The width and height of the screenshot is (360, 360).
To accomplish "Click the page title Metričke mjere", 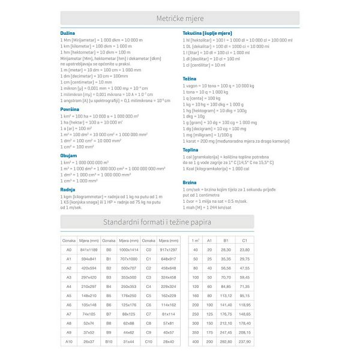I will pyautogui.click(x=180, y=18).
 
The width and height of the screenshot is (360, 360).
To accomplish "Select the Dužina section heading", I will pyautogui.click(x=68, y=34).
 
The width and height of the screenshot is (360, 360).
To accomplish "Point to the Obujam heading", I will pyautogui.click(x=68, y=155).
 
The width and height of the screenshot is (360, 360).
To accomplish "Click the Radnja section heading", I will pyautogui.click(x=68, y=189).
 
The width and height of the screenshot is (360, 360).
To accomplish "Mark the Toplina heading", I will pyautogui.click(x=190, y=149).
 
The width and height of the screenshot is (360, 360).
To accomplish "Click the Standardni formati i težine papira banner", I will pyautogui.click(x=157, y=222).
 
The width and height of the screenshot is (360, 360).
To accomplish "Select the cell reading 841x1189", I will pyautogui.click(x=89, y=249).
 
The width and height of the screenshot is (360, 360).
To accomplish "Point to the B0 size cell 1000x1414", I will pyautogui.click(x=128, y=249).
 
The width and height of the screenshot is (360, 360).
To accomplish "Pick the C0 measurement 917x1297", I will pyautogui.click(x=169, y=249).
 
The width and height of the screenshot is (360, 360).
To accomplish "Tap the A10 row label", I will pyautogui.click(x=69, y=341).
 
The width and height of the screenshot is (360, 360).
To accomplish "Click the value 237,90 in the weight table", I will pyautogui.click(x=244, y=341).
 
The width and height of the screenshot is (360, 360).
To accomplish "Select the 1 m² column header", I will pyautogui.click(x=196, y=240).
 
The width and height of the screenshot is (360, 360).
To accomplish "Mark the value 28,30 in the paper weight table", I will pyautogui.click(x=226, y=249).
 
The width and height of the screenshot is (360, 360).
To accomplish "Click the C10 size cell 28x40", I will pyautogui.click(x=169, y=341).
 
